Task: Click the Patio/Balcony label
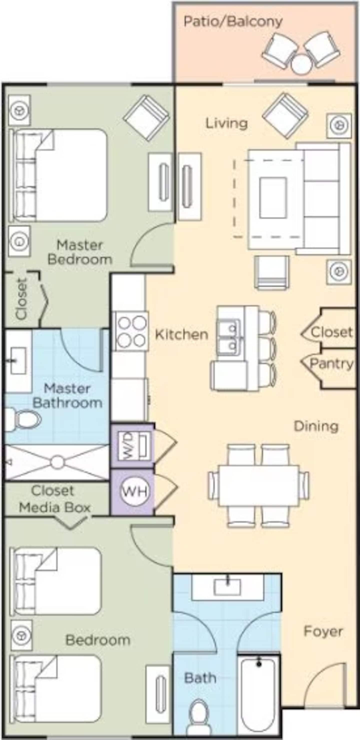point(233,22)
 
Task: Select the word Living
point(226,124)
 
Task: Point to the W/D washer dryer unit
point(133,446)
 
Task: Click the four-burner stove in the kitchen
point(131,331)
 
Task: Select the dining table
point(258,486)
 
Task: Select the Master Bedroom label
point(80,253)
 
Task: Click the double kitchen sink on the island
point(229,336)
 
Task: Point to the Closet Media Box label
point(54,500)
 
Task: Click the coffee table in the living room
point(273,198)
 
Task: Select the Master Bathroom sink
point(18,361)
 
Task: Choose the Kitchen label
point(181,335)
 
